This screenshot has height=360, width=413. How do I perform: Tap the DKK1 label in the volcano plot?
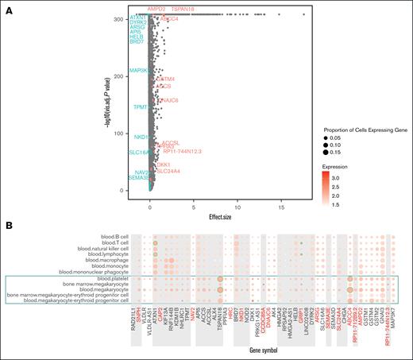click(x=164, y=165)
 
